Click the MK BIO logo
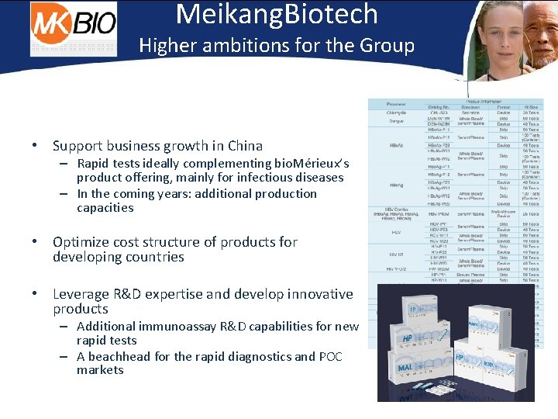[x=74, y=29]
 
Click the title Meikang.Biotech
[x=277, y=15]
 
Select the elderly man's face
[x=538, y=43]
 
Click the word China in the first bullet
[x=245, y=146]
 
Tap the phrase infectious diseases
[x=295, y=178]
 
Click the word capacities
[x=105, y=208]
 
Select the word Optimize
[x=83, y=242]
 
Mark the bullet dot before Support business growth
[x=36, y=146]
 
